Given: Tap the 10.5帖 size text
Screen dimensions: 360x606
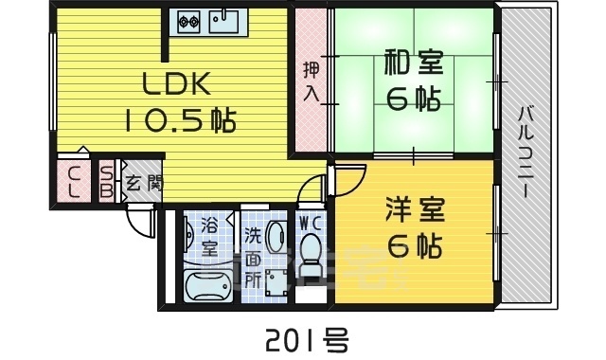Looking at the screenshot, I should (x=178, y=120).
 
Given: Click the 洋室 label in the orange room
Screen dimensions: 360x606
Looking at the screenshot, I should (x=415, y=209).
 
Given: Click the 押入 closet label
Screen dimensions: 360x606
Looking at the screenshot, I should (x=310, y=81).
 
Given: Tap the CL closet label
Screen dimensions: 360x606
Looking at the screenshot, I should (x=72, y=181).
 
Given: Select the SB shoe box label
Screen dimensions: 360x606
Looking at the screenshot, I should (x=106, y=181).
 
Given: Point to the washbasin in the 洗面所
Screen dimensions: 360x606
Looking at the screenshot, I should (x=276, y=238).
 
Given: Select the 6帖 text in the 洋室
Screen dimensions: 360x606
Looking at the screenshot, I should (x=415, y=245).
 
